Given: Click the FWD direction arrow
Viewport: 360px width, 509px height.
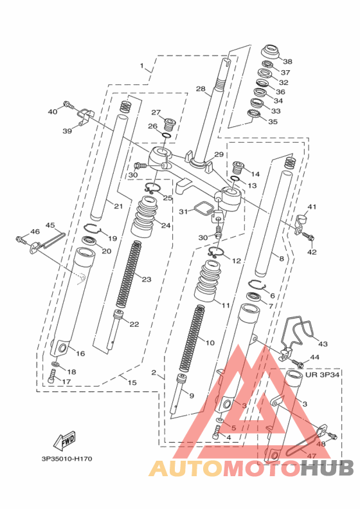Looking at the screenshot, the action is [x=65, y=441].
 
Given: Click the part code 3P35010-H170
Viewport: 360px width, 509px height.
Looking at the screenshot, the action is [x=67, y=459].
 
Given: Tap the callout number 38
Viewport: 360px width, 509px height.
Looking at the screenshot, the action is [x=287, y=61].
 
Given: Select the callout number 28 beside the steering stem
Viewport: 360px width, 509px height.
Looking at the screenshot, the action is [x=201, y=89].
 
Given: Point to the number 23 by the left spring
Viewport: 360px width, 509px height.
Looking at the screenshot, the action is [x=146, y=279].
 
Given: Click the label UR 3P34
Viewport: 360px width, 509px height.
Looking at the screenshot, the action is [x=322, y=375].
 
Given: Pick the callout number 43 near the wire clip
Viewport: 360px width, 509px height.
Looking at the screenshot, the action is [x=323, y=344].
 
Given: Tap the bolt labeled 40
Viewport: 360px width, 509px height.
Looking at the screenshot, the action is [x=69, y=105].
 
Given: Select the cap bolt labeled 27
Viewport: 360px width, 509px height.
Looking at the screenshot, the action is [x=169, y=124].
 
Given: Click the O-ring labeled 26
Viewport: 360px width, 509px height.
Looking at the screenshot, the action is [x=166, y=135].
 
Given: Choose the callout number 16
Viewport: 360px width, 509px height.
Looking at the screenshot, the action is [x=80, y=353].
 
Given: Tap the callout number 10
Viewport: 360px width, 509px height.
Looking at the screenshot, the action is [x=210, y=342].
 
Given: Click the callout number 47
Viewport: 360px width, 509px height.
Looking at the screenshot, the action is [x=311, y=456].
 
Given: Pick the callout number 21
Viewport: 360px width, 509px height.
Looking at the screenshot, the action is [x=119, y=206].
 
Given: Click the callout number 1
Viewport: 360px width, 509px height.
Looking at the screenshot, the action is [x=141, y=66].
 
